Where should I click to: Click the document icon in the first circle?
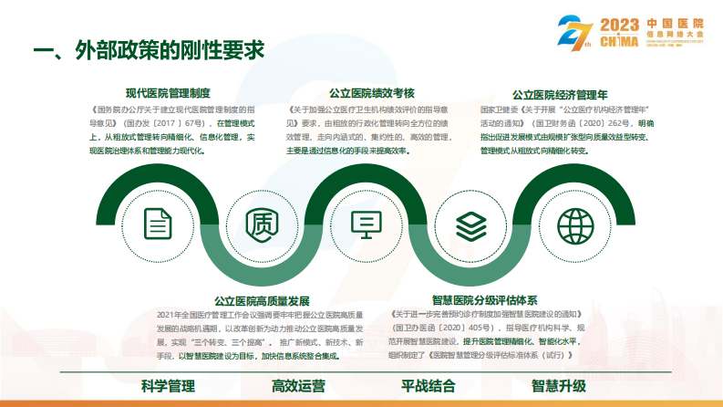(159, 222)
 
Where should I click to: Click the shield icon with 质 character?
(263, 222)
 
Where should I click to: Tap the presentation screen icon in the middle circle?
(367, 222)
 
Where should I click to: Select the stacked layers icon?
(470, 222)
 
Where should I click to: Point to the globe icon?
(574, 222)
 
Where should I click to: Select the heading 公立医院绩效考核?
(371, 92)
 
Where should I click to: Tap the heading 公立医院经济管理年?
(560, 93)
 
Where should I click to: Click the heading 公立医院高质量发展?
(263, 300)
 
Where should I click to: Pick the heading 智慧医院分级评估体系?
(485, 299)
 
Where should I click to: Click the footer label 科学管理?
(168, 386)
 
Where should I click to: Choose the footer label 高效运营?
(297, 386)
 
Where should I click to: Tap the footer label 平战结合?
(428, 386)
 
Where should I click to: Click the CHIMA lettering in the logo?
(620, 40)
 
